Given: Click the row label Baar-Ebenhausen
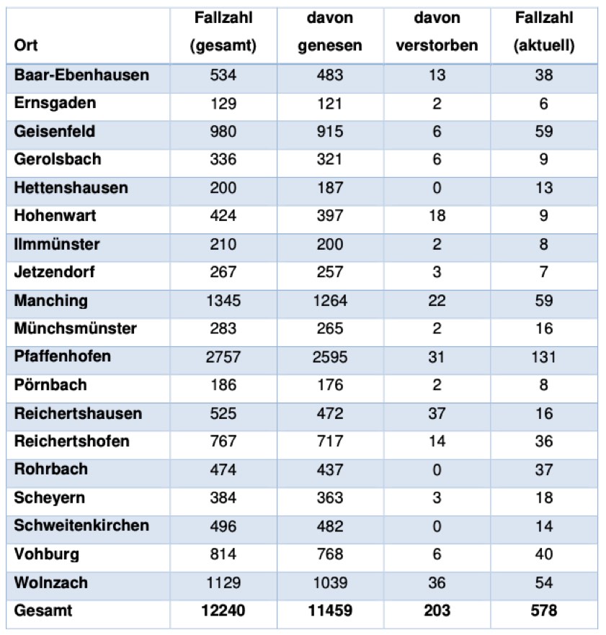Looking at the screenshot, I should click(81, 76).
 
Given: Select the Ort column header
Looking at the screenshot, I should click(26, 45).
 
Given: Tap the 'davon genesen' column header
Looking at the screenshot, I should click(330, 31).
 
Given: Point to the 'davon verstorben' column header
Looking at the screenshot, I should click(437, 31).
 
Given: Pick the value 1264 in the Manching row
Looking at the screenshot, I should click(330, 301).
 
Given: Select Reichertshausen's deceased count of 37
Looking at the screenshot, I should click(437, 413).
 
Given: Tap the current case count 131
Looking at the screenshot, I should click(544, 357).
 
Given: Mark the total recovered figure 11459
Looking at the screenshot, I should click(330, 611).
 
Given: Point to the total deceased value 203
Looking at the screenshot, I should click(437, 611).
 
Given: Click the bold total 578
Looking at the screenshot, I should click(544, 611).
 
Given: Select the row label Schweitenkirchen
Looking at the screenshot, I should click(81, 526).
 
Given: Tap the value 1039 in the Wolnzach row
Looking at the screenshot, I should click(330, 582).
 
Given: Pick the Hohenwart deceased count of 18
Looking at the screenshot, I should click(437, 216).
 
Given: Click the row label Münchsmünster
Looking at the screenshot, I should click(75, 329).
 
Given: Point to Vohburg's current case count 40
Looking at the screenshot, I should click(544, 554).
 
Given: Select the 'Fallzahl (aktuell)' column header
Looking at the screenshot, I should click(544, 31).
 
